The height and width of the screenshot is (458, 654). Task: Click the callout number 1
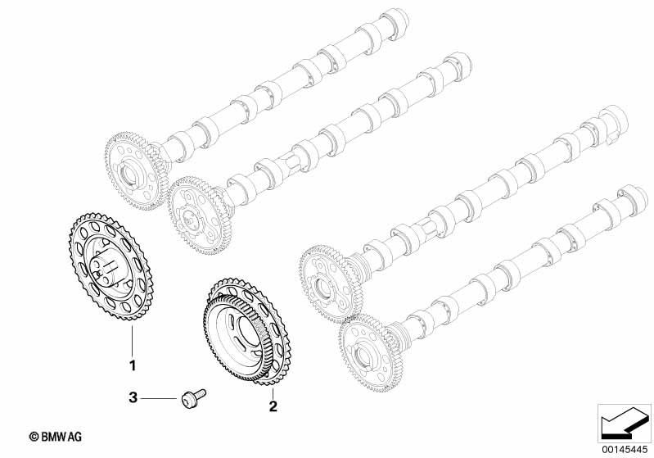click(133, 365)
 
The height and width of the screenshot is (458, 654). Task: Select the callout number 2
click(273, 406)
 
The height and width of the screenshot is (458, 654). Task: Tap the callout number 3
click(133, 397)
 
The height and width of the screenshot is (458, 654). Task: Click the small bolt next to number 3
click(194, 397)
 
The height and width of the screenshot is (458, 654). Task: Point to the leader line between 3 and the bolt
click(159, 399)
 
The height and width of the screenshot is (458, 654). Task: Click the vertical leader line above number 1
click(133, 340)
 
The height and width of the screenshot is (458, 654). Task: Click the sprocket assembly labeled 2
click(246, 329)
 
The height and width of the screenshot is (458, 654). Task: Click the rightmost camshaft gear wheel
click(370, 354)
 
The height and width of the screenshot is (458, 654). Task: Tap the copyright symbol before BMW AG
click(34, 437)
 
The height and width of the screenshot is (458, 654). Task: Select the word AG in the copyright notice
click(74, 437)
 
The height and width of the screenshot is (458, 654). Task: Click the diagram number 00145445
click(625, 450)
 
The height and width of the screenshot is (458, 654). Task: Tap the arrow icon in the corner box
click(625, 423)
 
